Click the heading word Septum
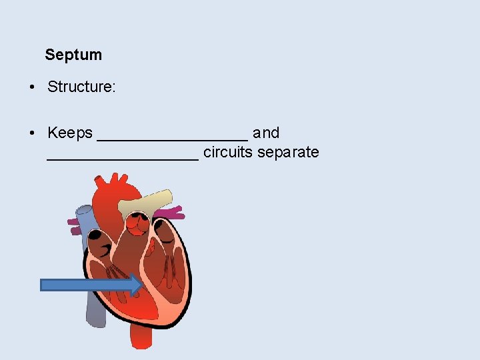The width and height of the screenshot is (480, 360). pyautogui.click(x=73, y=55)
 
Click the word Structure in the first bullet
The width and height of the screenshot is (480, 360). pyautogui.click(x=81, y=87)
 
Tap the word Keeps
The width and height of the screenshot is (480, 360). pyautogui.click(x=70, y=133)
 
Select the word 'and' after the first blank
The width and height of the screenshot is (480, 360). pyautogui.click(x=266, y=133)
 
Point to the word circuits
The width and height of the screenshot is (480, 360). pyautogui.click(x=228, y=153)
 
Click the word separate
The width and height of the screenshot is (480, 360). pyautogui.click(x=288, y=153)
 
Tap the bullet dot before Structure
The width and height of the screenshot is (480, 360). pyautogui.click(x=33, y=87)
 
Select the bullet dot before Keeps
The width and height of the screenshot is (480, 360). pyautogui.click(x=33, y=133)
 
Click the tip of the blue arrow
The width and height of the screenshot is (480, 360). pyautogui.click(x=141, y=285)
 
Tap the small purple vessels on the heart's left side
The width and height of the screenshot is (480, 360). pyautogui.click(x=73, y=222)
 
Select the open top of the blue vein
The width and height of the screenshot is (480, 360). pyautogui.click(x=85, y=211)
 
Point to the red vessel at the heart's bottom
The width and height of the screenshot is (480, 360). pyautogui.click(x=141, y=337)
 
